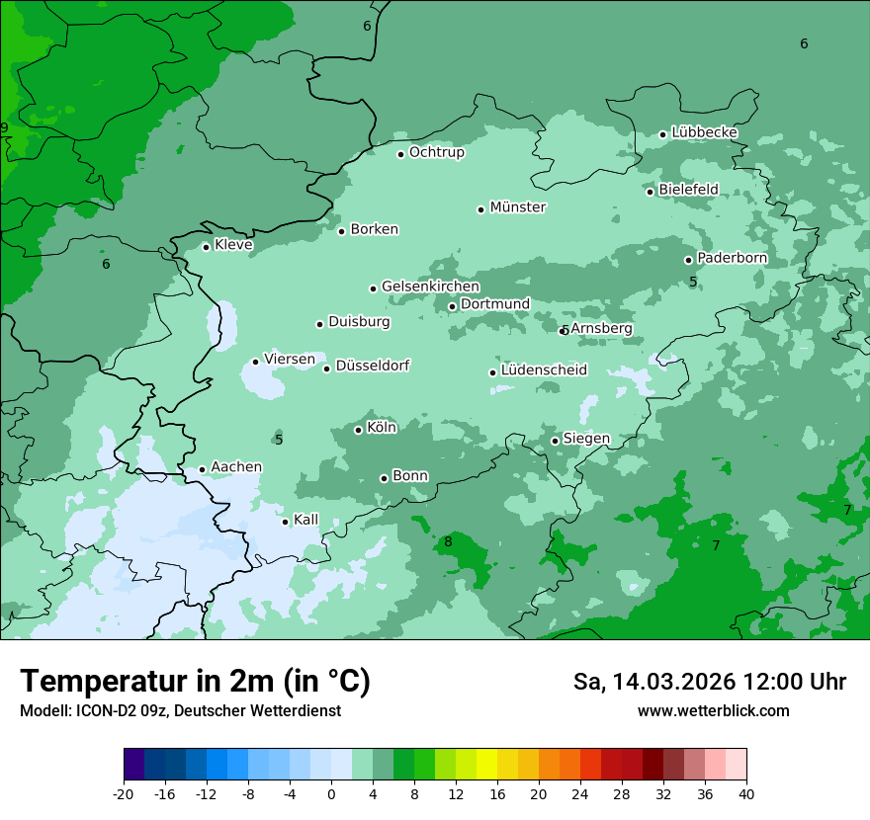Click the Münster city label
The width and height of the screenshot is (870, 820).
(x=518, y=207)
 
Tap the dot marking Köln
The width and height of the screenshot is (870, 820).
(x=358, y=430)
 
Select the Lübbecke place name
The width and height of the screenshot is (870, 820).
(x=704, y=132)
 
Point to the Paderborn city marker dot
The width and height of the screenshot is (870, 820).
(x=689, y=260)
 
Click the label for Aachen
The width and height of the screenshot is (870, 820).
(x=236, y=467)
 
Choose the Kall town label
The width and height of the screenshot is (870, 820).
(x=306, y=520)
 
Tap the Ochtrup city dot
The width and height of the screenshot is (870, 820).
(x=400, y=154)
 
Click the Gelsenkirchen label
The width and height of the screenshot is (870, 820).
(x=430, y=287)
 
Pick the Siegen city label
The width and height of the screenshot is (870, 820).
(x=586, y=439)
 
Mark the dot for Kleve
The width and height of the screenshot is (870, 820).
(x=206, y=247)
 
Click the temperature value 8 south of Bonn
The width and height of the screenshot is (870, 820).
(x=448, y=541)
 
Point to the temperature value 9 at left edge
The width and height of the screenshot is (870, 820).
(x=4, y=128)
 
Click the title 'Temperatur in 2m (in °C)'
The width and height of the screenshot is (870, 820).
(x=195, y=681)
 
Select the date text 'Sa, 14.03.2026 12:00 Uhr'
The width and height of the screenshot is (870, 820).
(x=709, y=682)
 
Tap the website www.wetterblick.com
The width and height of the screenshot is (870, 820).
(x=713, y=711)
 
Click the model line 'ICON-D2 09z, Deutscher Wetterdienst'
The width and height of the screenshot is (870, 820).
(x=180, y=711)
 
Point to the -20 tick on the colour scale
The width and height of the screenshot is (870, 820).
(x=124, y=793)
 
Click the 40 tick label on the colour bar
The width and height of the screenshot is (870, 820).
(x=746, y=793)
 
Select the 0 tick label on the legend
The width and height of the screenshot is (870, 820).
(x=331, y=793)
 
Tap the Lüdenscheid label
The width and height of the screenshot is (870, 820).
(x=544, y=370)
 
